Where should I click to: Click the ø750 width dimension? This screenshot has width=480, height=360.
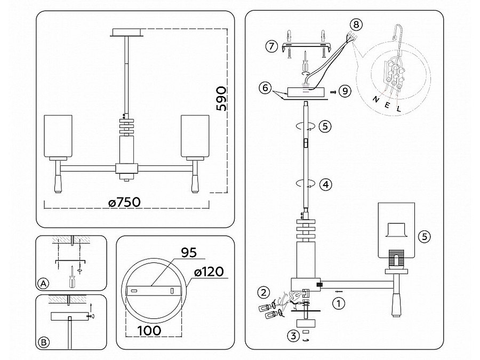124,203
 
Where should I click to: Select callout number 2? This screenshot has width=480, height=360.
262,292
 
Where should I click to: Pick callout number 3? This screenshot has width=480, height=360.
292,336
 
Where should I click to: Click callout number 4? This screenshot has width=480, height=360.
325,185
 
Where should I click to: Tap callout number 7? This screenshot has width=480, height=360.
271,47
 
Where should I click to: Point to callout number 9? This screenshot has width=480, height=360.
345,91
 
